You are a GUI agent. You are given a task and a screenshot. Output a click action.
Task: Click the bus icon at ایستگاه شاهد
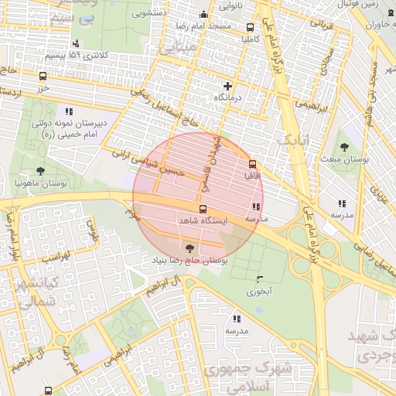(203, 210)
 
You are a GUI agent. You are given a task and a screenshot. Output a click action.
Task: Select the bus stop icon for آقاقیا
(252, 164)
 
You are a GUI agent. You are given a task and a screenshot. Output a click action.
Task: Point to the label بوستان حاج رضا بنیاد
(191, 261)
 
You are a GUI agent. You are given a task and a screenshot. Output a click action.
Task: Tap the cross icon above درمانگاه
(227, 86)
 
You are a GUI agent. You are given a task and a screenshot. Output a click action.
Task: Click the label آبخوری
(258, 292)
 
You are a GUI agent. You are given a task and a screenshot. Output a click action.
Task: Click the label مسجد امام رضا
(205, 26)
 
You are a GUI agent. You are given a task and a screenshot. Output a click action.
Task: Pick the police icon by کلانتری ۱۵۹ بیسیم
(75, 44)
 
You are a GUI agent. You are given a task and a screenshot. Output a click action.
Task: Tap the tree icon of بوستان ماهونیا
(40, 171)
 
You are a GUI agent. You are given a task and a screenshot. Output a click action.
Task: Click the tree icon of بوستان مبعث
(343, 146)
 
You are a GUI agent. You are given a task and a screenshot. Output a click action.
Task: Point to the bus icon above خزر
(43, 77)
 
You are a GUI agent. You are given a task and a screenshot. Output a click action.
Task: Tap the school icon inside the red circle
(255, 207)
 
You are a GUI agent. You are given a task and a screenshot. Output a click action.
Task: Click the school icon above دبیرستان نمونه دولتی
(69, 111)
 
